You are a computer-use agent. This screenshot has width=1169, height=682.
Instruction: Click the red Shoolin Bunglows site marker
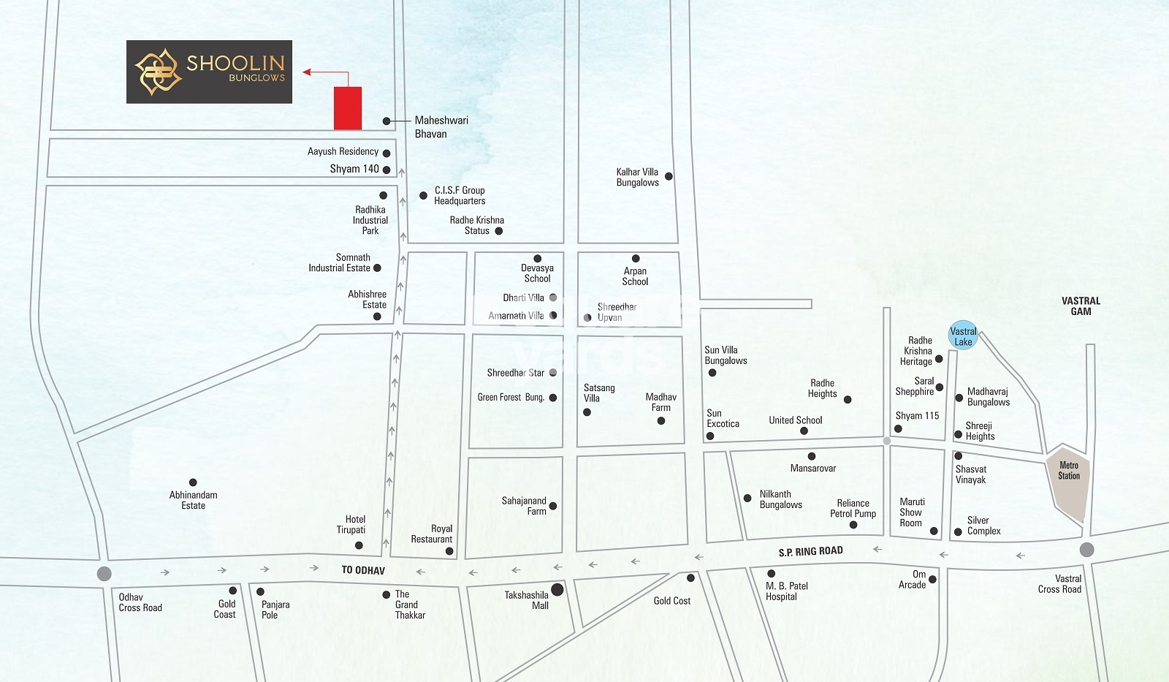[x=348, y=108]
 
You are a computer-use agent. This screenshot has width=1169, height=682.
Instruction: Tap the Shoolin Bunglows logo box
[x=209, y=72]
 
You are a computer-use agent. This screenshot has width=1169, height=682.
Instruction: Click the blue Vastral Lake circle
[x=963, y=336]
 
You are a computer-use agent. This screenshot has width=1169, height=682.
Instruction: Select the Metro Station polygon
[x=1068, y=478]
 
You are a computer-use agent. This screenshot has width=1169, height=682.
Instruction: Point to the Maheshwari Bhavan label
[x=441, y=126]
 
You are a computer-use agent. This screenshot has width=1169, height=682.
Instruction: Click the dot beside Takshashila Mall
[x=557, y=589]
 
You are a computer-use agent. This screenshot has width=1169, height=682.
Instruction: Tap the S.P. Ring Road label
[x=810, y=551]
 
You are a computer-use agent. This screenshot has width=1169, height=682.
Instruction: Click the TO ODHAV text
[x=362, y=570]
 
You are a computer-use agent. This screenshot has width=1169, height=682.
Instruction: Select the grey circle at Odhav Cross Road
[x=104, y=573]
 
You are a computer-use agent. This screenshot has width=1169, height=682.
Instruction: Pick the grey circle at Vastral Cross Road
[x=1086, y=550]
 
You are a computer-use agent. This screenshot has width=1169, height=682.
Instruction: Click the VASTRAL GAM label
[x=1081, y=306]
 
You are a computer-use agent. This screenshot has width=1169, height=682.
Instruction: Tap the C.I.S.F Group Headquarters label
[x=460, y=195]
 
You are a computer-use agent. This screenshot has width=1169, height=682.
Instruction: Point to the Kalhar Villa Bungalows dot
[x=669, y=176]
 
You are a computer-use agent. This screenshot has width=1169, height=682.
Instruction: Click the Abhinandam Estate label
[x=193, y=500]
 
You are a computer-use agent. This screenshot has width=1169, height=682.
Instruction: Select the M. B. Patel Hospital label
[x=786, y=591]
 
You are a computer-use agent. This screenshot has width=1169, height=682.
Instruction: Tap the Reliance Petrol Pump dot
[x=853, y=525]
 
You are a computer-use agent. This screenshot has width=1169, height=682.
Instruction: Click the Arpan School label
[x=635, y=276]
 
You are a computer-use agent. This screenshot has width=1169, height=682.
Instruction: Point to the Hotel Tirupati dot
[x=359, y=545]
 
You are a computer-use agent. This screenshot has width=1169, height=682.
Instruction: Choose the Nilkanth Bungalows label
[x=780, y=499]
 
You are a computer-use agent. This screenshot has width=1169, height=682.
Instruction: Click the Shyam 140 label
[x=354, y=169]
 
